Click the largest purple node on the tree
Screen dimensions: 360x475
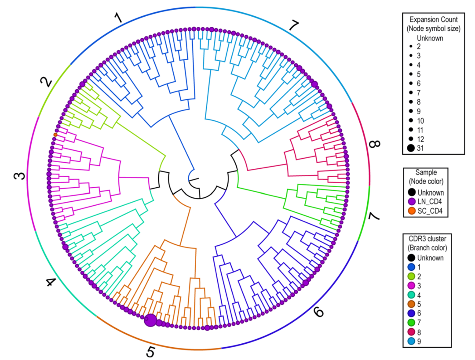click(150, 320)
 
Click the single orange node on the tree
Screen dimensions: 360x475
click(55, 135)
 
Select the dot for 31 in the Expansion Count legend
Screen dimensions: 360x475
click(410, 148)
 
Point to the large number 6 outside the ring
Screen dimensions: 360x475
click(318, 313)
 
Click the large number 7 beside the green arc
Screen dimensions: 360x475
click(373, 216)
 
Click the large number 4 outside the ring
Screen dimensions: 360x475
click(51, 282)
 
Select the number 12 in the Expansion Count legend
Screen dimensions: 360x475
click(421, 138)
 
